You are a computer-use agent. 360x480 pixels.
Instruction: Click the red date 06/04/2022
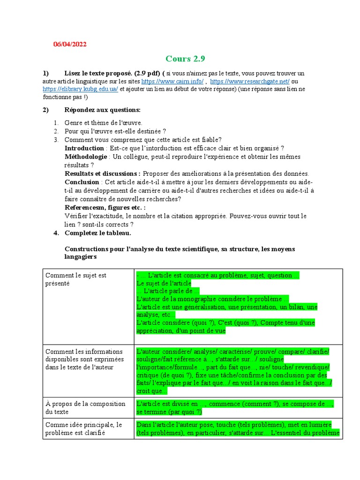tap(70, 44)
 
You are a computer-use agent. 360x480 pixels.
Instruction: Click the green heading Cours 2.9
tap(185, 59)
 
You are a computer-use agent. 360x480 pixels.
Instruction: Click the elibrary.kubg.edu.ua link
tap(80, 89)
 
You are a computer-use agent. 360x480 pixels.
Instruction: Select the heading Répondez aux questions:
tap(102, 110)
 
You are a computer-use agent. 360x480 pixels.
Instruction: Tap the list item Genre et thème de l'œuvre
tap(103, 123)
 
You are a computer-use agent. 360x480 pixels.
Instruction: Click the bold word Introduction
tap(84, 148)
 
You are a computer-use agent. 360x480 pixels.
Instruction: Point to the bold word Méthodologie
tap(86, 157)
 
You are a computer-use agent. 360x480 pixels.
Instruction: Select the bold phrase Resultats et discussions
tap(102, 173)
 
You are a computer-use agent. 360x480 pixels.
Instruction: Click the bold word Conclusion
tap(82, 182)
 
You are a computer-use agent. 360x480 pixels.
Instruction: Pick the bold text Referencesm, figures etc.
tap(105, 207)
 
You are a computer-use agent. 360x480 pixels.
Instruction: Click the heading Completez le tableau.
tap(98, 232)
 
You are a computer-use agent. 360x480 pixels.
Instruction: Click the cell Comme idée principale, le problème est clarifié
tap(83, 428)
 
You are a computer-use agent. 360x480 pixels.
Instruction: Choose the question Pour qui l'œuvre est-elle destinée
tap(115, 131)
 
